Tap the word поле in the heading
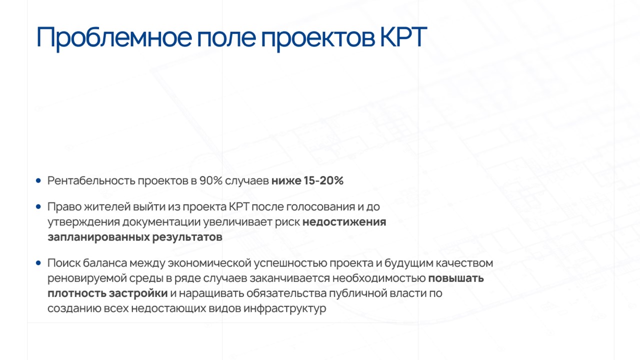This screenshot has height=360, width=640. (x=226, y=37)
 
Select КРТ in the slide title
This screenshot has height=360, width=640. (x=403, y=37)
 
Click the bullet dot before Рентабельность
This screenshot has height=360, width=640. (x=38, y=180)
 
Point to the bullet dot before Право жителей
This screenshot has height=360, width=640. (x=38, y=206)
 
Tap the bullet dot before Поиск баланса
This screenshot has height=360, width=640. (x=38, y=263)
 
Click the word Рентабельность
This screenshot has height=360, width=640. (x=91, y=181)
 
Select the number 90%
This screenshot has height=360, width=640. (x=211, y=180)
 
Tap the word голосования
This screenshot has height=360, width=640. (x=321, y=207)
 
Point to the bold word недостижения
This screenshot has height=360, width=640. (x=344, y=222)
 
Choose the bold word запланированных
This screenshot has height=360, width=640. (x=98, y=237)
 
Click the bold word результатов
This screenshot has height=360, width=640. (x=187, y=237)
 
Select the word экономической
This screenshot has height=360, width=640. (x=209, y=263)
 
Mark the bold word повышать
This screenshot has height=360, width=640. (x=456, y=278)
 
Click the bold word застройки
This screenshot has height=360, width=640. (x=138, y=293)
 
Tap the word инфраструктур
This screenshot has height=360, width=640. (x=285, y=309)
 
